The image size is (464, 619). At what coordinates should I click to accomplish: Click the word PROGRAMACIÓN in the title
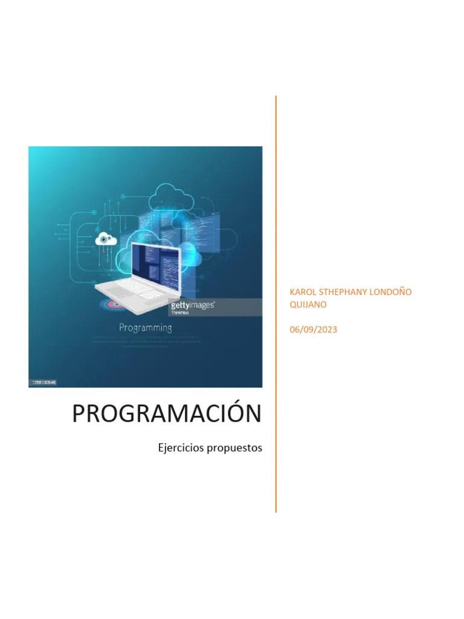(x=167, y=413)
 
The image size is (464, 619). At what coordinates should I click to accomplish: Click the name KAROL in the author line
(x=304, y=292)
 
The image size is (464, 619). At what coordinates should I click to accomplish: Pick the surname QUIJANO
(x=308, y=305)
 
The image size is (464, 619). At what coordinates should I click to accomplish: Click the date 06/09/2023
(x=314, y=329)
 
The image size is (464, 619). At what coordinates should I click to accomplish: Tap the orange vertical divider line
(x=276, y=302)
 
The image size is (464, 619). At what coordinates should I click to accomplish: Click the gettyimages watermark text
(x=192, y=305)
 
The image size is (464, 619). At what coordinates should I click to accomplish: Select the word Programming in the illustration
(x=145, y=328)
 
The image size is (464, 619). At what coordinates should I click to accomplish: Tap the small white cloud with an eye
(x=106, y=239)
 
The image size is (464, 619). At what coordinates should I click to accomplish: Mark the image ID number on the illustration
(x=43, y=382)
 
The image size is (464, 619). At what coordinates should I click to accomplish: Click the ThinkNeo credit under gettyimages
(x=180, y=313)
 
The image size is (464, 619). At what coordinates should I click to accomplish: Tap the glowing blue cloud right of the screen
(x=192, y=258)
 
